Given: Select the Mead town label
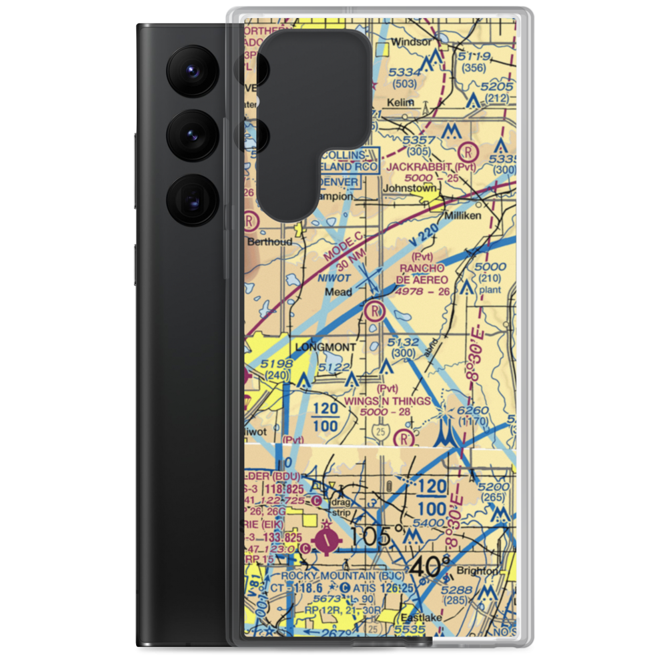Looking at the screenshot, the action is (338, 292).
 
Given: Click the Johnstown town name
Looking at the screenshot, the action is (409, 188).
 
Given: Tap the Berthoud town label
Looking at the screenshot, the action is (270, 241).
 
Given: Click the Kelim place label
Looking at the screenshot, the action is (402, 102).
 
